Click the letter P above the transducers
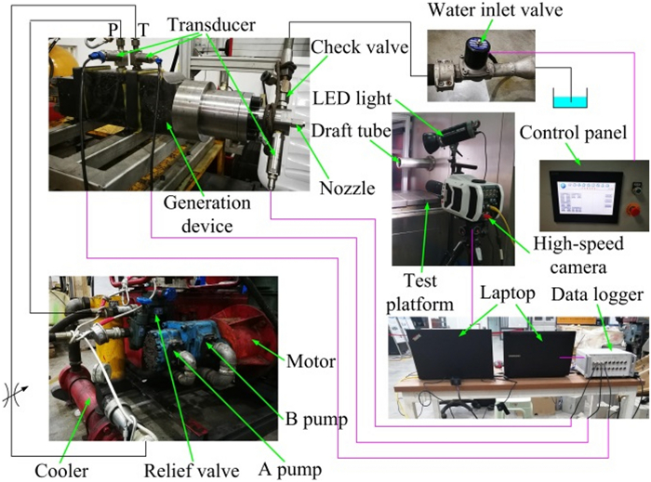pyautogui.click(x=113, y=30)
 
